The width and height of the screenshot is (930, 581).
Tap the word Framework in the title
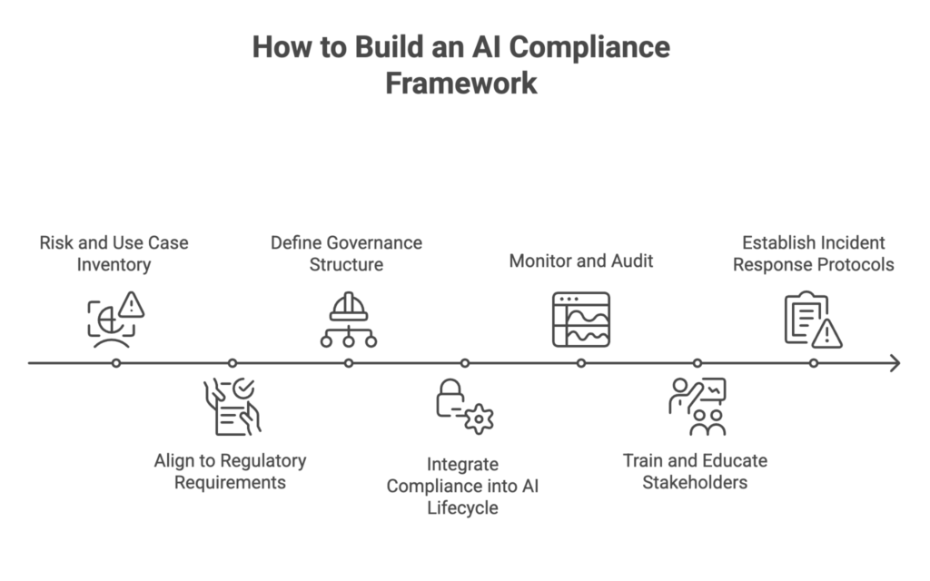[461, 84]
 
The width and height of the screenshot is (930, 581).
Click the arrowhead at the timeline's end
[895, 363]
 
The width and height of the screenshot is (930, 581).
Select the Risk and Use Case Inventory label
[114, 254]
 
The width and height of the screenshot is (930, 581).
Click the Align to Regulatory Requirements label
[230, 471]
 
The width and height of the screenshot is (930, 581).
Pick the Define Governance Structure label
[346, 254]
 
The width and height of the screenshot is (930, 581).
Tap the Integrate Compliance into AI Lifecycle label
[462, 486]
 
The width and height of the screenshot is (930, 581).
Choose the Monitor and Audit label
[581, 261]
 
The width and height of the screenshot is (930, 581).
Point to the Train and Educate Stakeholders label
[695, 471]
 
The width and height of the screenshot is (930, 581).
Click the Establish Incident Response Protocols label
[813, 254]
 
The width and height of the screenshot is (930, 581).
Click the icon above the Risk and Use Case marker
[115, 319]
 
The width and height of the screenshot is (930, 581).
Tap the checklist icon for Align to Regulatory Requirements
[232, 407]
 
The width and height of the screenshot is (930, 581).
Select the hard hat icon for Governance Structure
[348, 319]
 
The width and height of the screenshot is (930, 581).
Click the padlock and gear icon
[464, 407]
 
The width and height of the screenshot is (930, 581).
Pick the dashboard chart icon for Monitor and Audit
[581, 319]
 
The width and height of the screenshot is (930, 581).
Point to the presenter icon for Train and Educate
[697, 407]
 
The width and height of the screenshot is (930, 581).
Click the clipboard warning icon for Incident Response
[813, 319]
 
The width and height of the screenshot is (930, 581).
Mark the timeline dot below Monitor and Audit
[581, 363]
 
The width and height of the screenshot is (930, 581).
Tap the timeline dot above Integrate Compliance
[465, 363]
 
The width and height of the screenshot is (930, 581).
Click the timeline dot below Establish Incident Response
[814, 363]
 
